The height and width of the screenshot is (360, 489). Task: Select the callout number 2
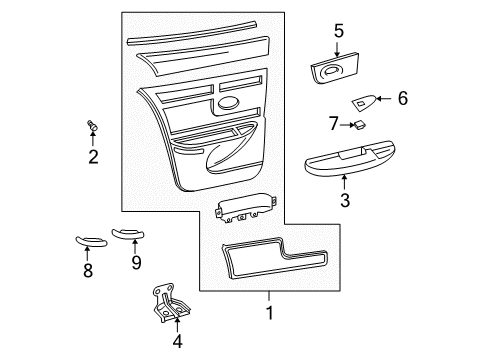tap(93, 157)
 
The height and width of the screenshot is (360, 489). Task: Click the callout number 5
tap(339, 31)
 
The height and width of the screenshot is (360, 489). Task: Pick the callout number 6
tap(402, 98)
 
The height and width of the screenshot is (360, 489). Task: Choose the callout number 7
tap(335, 124)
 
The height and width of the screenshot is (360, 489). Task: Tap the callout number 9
tap(136, 263)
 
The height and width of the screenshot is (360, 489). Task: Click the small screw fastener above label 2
tap(93, 126)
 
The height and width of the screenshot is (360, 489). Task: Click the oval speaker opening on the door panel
tap(228, 104)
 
